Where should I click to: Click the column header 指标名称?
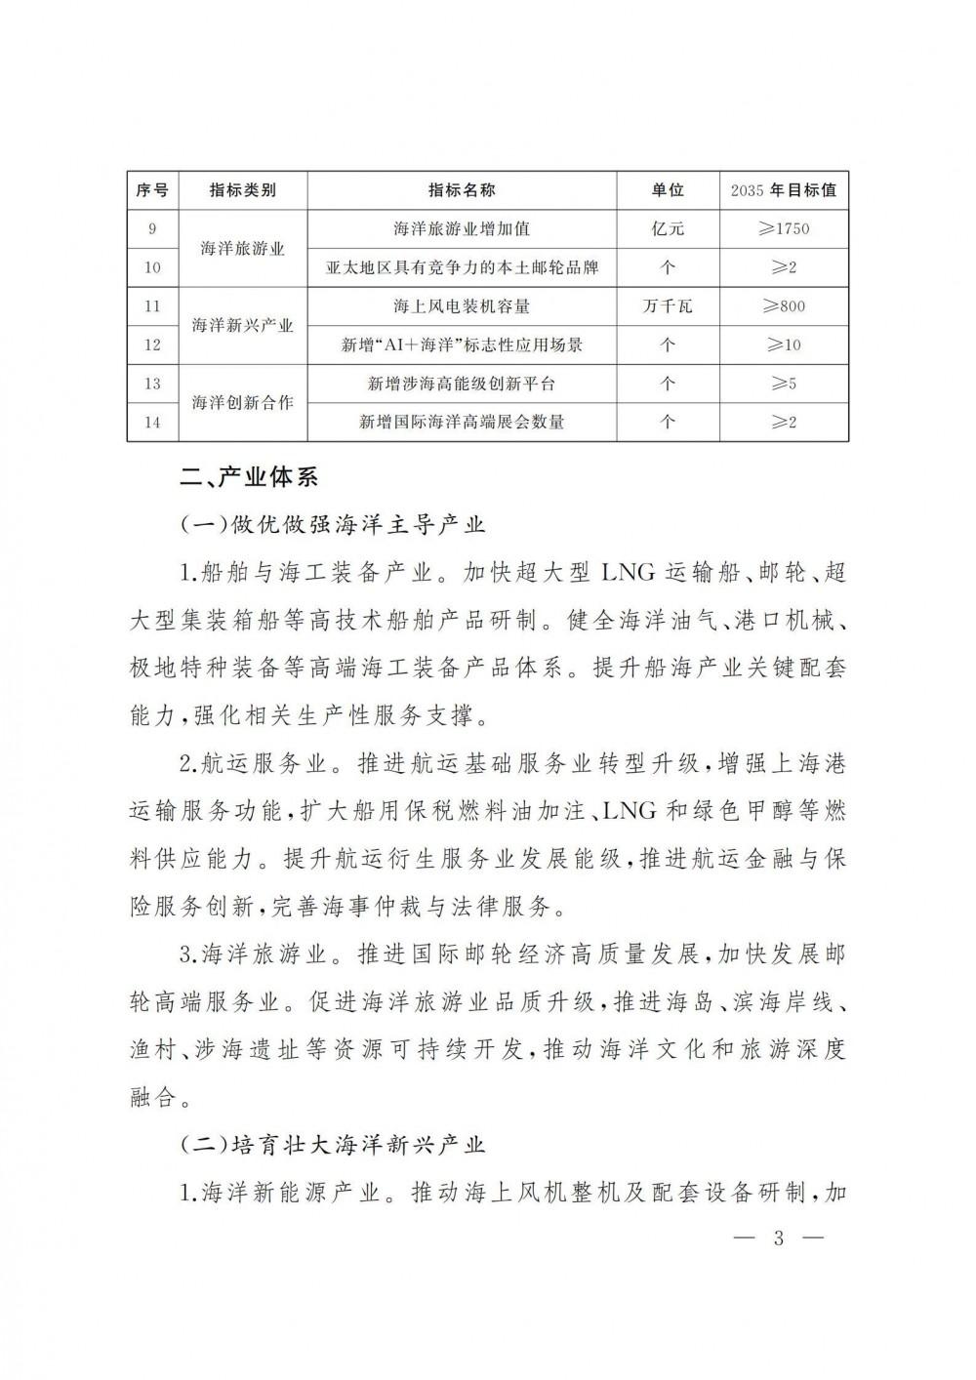pos(462,190)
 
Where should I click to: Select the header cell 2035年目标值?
pos(783,190)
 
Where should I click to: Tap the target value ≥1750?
pos(783,229)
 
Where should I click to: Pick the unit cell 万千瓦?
pos(668,306)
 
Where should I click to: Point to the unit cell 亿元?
pos(668,229)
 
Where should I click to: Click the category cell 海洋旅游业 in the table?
pos(242,249)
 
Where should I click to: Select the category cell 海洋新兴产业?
pos(242,325)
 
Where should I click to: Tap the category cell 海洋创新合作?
pos(242,402)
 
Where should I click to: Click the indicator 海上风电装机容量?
pos(462,306)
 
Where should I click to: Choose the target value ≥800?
pos(783,306)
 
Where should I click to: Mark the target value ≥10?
pos(783,345)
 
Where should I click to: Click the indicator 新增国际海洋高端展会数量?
pos(462,422)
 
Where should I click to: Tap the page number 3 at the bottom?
pos(778,1239)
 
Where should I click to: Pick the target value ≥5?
pos(783,384)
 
